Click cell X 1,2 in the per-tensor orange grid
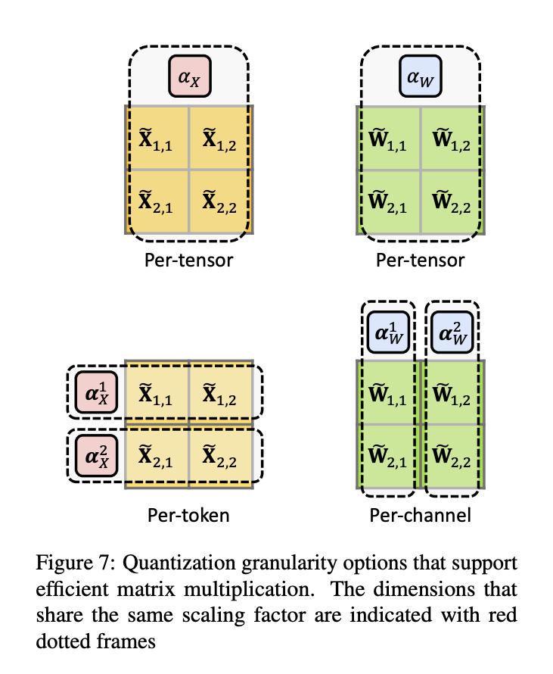pyautogui.click(x=220, y=139)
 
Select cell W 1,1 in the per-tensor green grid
pyautogui.click(x=388, y=139)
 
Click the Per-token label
pyautogui.click(x=188, y=516)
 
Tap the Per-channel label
pyautogui.click(x=420, y=516)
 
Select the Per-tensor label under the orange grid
pyautogui.click(x=188, y=261)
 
